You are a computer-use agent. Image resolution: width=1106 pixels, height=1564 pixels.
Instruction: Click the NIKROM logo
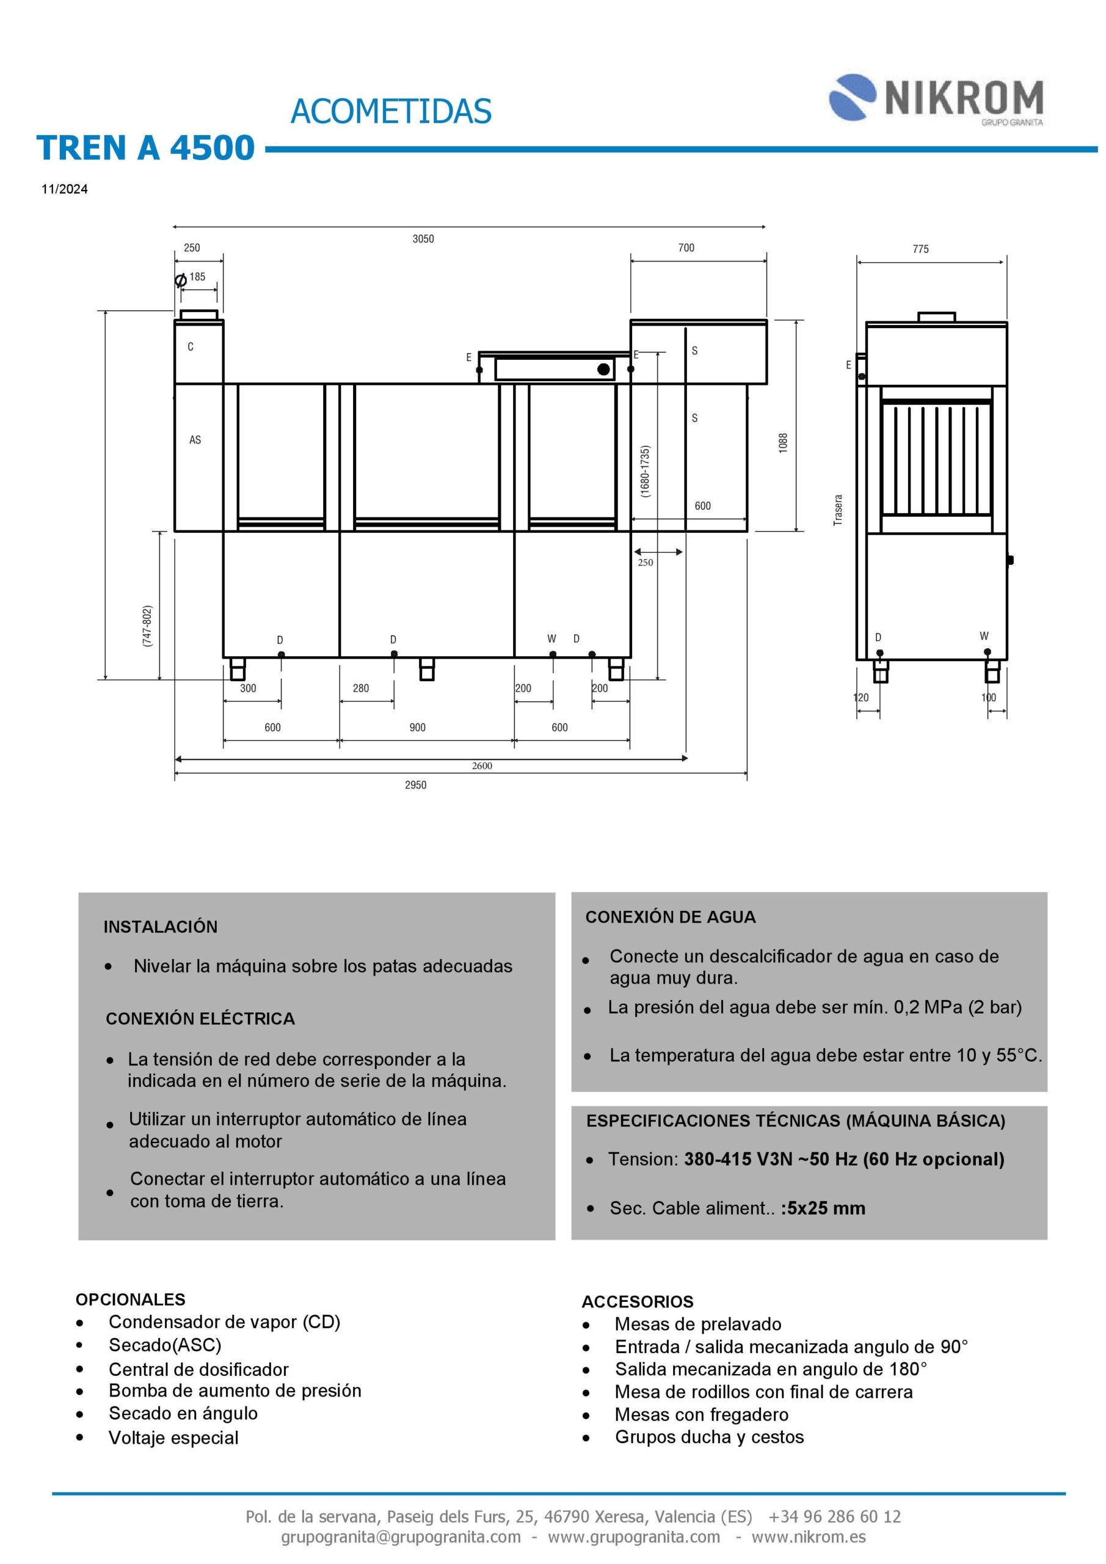click(936, 98)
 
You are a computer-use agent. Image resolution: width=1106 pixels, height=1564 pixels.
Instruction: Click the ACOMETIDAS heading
click(391, 111)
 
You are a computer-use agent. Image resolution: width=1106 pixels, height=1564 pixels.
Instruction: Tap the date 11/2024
click(64, 189)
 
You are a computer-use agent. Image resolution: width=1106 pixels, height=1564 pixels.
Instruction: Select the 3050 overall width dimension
click(423, 238)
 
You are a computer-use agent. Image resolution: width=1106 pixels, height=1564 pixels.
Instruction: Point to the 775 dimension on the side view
click(920, 249)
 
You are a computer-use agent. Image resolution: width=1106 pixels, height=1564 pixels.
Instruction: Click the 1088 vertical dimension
click(783, 443)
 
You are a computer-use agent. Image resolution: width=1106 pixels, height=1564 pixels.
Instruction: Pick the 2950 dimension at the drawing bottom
click(415, 784)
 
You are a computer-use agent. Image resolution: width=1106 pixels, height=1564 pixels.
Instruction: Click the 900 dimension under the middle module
click(418, 728)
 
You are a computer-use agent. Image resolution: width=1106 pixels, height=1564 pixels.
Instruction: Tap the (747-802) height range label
click(147, 626)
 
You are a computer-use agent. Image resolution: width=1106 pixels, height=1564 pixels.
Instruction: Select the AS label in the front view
click(195, 440)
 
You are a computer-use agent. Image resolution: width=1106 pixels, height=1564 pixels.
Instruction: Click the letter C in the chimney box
click(191, 347)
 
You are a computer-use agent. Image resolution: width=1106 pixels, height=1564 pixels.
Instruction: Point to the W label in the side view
click(984, 636)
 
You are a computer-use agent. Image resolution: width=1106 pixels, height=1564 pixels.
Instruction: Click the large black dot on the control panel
click(603, 369)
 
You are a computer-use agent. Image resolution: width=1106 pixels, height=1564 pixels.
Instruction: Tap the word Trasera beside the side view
click(839, 510)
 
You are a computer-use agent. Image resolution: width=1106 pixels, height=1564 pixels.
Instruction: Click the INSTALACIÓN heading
click(161, 926)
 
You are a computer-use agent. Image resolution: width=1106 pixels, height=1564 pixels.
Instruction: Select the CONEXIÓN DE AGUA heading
click(670, 917)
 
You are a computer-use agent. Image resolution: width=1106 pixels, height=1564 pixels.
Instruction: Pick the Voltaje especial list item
click(173, 1438)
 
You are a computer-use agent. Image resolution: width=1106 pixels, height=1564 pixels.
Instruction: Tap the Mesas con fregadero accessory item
click(702, 1414)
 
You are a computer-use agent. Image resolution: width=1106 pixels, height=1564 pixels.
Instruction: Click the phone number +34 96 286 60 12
click(834, 1516)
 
